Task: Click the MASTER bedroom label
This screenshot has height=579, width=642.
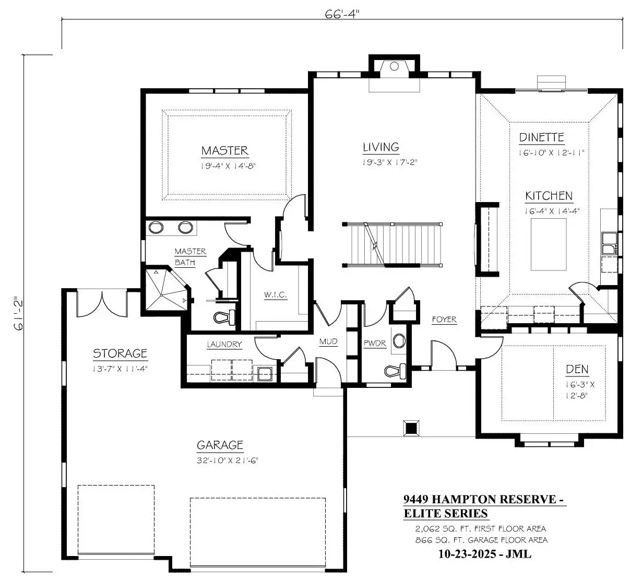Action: point(224,150)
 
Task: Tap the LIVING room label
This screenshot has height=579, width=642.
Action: point(381,147)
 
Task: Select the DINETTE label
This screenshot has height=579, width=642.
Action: point(541,137)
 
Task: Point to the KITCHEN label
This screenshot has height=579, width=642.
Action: point(549,196)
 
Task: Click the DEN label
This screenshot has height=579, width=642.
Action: point(577,369)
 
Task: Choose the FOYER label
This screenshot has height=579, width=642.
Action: point(444,320)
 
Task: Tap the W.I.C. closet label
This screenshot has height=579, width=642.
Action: point(275,294)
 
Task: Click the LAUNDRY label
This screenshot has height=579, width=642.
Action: point(224,344)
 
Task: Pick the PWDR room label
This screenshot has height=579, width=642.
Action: point(375,344)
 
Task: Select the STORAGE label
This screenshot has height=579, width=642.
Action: point(120,353)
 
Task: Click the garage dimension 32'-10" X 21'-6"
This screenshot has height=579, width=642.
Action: point(228,460)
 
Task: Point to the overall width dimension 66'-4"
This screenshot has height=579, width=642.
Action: point(342,14)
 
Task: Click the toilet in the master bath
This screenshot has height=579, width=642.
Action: point(224,317)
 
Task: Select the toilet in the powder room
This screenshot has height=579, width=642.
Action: point(395,371)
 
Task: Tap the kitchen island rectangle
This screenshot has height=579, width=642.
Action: point(549,245)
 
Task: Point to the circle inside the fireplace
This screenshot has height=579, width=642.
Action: point(394,66)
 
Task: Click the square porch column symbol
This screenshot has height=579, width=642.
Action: point(411,428)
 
